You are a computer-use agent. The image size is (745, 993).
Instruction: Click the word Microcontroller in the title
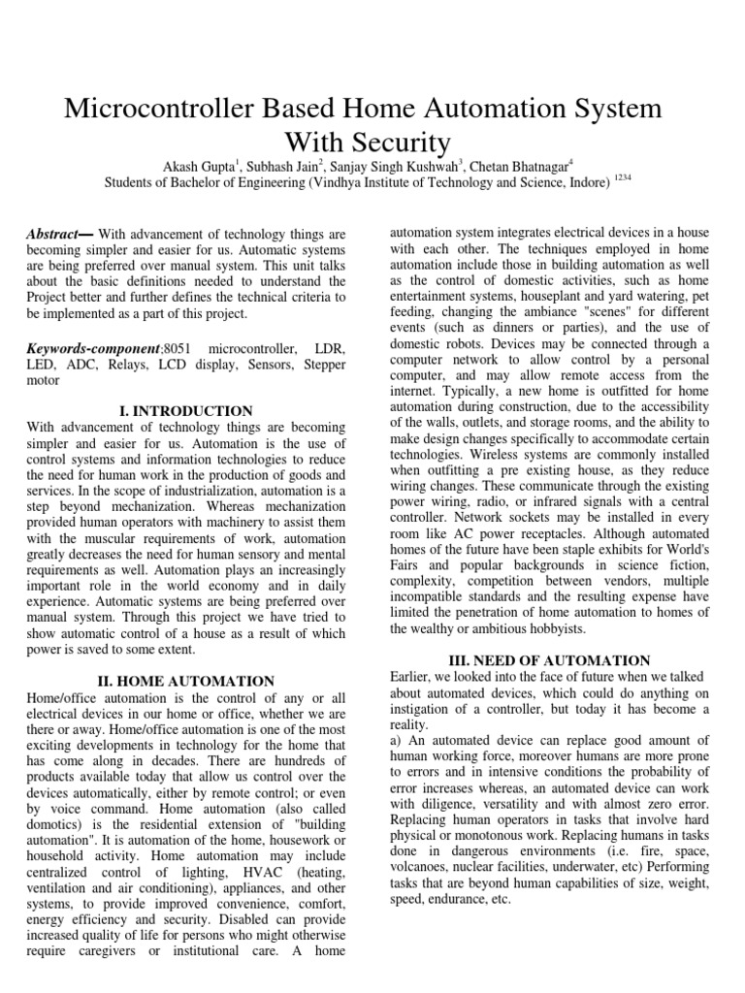tap(158, 108)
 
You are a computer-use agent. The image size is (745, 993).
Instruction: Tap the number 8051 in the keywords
tap(179, 346)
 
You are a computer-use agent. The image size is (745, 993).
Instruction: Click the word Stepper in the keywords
tap(321, 364)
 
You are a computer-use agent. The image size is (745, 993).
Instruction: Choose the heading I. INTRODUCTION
tap(185, 411)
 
